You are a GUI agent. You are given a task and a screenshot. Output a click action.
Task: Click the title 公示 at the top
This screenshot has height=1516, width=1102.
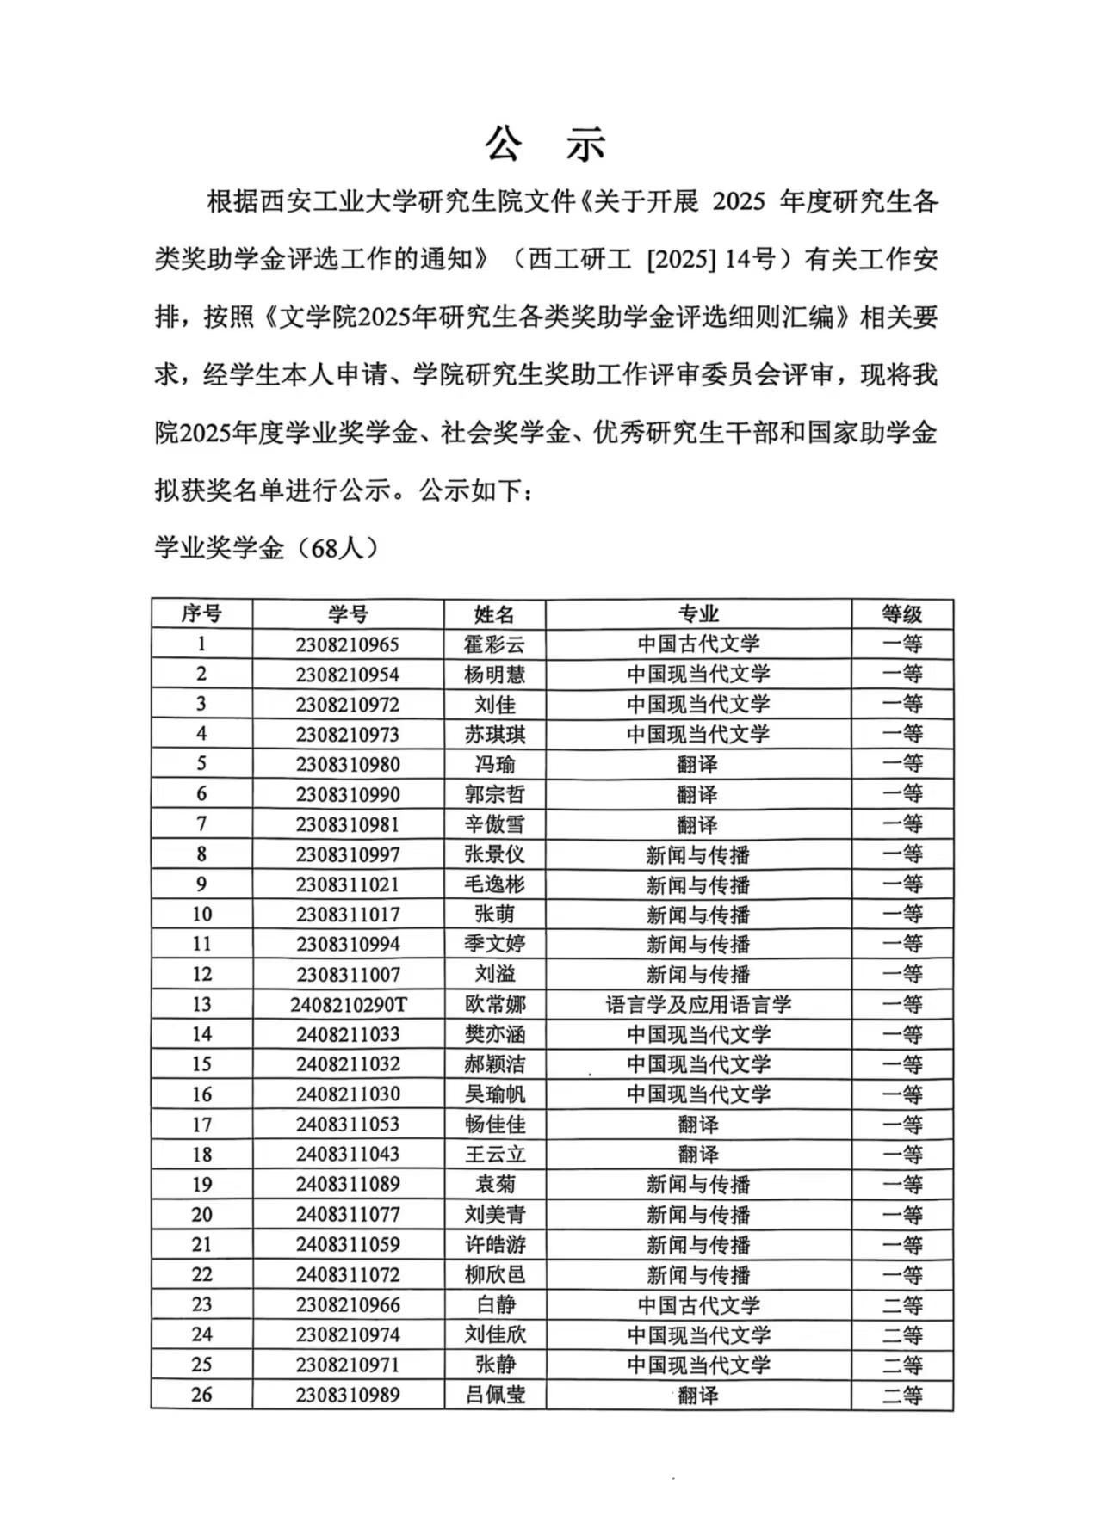pos(546,145)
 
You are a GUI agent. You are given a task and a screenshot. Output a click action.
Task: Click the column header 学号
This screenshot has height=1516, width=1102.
pos(348,613)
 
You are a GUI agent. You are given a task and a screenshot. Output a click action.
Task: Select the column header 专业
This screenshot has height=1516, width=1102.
pos(697,613)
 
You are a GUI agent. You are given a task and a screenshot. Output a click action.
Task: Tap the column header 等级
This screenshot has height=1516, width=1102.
pos(901,613)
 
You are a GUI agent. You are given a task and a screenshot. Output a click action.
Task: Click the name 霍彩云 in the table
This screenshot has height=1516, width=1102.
pos(494,644)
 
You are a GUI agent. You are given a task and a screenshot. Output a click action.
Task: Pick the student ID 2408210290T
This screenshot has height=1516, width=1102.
pos(348,1004)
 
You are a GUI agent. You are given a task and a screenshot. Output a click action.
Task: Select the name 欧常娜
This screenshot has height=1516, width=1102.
pos(494,1004)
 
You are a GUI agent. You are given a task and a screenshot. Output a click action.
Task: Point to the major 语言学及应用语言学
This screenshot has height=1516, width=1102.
pos(697,1004)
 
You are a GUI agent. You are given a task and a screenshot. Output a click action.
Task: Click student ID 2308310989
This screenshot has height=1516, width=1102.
pos(348,1395)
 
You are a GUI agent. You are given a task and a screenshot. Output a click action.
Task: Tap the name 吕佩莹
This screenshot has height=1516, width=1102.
pos(494,1395)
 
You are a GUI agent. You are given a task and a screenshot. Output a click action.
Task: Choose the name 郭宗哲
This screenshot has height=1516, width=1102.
pos(494,794)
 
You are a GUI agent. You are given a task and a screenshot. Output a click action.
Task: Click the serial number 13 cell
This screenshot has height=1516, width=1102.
pos(201,1004)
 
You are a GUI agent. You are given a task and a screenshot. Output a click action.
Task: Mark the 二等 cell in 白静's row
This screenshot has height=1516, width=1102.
pos(901,1304)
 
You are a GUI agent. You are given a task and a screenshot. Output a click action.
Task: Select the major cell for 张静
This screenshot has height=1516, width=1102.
pos(697,1365)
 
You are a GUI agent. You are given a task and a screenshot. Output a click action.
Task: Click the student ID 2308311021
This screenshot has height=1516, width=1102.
pos(348,884)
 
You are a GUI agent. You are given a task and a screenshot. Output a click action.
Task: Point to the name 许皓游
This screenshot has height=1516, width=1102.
pos(494,1244)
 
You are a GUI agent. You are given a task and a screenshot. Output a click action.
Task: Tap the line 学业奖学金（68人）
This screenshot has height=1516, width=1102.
pos(266,548)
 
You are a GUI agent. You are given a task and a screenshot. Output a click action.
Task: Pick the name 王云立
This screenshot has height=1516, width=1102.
pos(494,1154)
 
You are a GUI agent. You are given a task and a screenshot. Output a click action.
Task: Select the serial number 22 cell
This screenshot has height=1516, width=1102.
pos(201,1274)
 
